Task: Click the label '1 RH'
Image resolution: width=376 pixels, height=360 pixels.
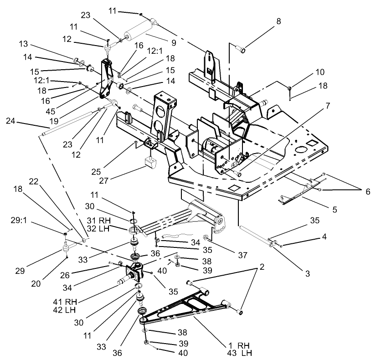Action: [237, 346]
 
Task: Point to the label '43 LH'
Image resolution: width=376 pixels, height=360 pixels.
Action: [237, 354]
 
